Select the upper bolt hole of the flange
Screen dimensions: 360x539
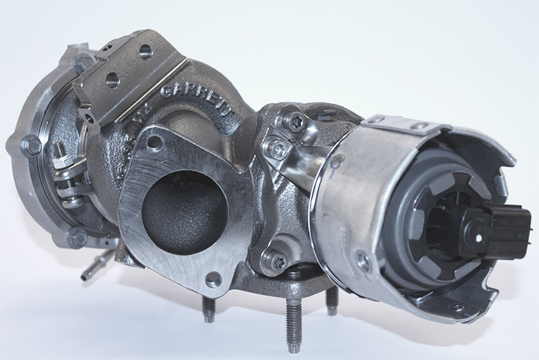(x=155, y=142)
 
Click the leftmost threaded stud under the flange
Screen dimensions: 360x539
(x=208, y=306)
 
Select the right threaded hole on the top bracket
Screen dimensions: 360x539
(x=145, y=51)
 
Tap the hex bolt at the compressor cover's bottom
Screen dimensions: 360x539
(x=78, y=238)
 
